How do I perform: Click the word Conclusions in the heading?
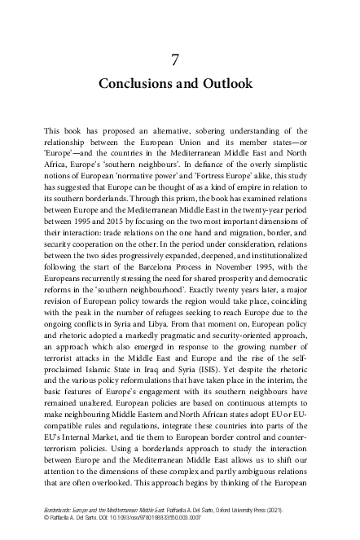[x=136, y=84]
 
